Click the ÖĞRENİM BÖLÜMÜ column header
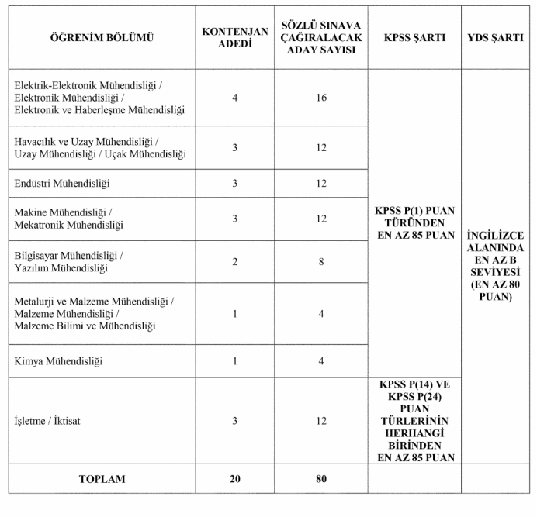coord(102,37)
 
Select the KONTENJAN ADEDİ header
coord(234,37)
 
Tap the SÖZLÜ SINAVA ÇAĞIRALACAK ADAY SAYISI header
coord(321,37)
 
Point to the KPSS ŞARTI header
coord(414,37)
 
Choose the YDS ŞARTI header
coord(497,37)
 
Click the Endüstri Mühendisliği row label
coord(63,183)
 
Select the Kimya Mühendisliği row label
coord(59,361)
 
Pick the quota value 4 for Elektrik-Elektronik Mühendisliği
coord(234,98)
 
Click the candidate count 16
coord(321,98)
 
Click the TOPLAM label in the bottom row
coord(102,479)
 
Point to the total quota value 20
coord(234,479)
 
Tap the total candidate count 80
coord(321,479)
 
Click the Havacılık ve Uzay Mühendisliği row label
coord(100,147)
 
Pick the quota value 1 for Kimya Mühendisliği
coord(234,361)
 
